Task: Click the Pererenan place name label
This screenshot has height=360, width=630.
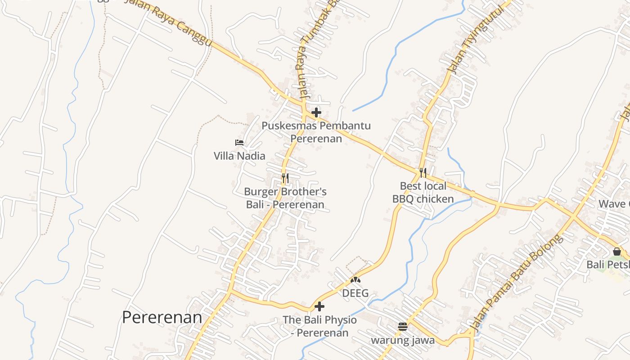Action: point(162,317)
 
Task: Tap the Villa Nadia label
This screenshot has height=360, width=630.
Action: point(239,156)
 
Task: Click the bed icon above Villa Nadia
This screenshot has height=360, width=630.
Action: point(239,143)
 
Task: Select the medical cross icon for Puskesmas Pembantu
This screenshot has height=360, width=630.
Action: point(316,112)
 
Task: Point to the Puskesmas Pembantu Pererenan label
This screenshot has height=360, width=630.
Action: point(316,132)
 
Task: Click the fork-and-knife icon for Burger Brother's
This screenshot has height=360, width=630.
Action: point(285,178)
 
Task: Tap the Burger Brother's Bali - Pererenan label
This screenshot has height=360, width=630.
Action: point(285,198)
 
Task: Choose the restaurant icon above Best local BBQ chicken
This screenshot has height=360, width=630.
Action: point(423,172)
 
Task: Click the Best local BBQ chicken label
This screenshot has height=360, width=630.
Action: point(423,192)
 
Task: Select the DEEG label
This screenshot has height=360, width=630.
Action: point(355,293)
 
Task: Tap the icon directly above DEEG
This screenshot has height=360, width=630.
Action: point(355,280)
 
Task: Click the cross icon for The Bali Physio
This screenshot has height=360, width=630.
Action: point(319,307)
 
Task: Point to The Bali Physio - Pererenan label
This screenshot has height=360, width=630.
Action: point(319,326)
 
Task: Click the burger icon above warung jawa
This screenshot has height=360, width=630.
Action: point(403,327)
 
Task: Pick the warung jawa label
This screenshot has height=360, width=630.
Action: point(403,340)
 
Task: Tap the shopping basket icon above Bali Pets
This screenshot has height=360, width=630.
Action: point(616,252)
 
